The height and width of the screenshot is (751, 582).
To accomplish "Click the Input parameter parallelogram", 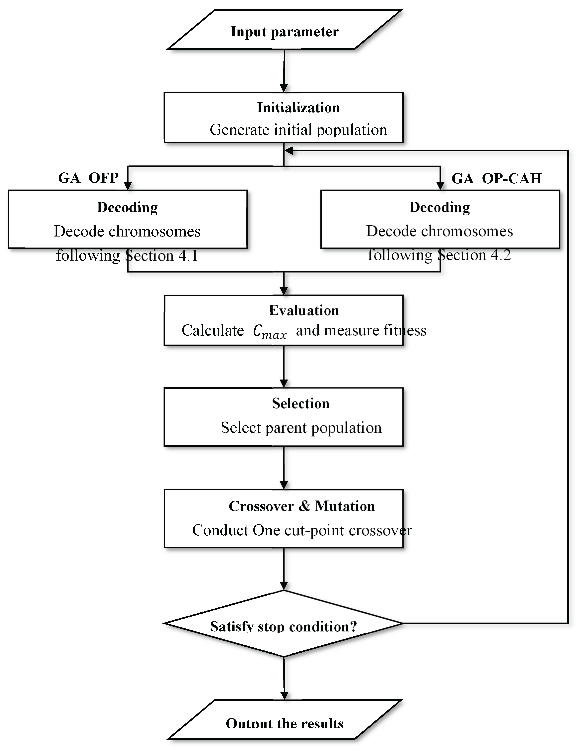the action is coord(284,30).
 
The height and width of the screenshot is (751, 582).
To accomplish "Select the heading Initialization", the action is coord(298,108).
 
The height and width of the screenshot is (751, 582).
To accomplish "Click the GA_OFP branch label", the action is coord(88,178).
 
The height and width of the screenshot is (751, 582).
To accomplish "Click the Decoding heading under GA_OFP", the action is coord(127,207).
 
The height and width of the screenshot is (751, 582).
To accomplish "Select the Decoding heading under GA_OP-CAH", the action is coord(440,207).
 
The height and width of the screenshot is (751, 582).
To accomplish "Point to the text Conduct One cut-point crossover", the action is coord(302,530).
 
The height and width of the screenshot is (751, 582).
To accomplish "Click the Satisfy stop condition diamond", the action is coord(284,623).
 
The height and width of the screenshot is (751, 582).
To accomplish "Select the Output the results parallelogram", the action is coord(284,719).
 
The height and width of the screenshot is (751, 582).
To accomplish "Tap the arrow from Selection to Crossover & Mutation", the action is coord(284,468).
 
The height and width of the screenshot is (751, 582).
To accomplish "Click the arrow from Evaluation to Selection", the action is coord(284,367).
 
